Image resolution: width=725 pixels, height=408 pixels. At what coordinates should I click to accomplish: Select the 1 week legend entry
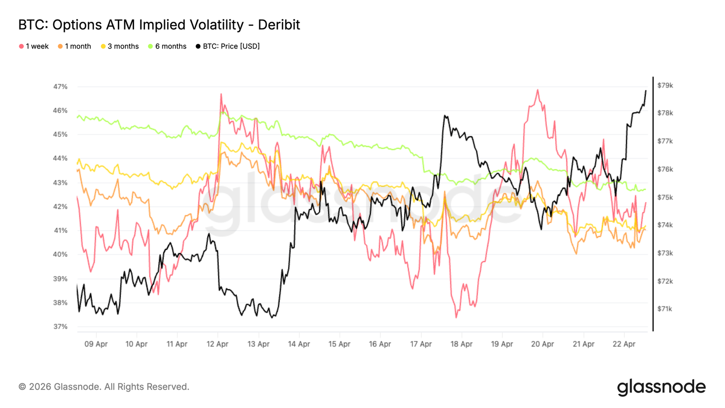34,46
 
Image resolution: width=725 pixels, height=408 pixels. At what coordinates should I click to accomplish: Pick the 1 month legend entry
74,46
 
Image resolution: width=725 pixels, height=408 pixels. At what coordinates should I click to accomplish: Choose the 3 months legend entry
120,46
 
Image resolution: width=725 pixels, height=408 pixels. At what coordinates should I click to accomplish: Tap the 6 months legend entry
167,46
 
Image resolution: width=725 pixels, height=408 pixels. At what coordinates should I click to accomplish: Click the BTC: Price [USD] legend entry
228,46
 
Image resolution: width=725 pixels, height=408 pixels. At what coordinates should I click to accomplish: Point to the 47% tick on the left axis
60,87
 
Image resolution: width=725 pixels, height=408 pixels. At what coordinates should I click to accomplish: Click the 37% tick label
60,326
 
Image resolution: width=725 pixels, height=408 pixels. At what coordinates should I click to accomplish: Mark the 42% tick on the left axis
60,207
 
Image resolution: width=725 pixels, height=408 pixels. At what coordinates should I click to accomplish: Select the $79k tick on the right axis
665,85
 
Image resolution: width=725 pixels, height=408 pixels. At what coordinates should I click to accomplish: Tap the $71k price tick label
665,309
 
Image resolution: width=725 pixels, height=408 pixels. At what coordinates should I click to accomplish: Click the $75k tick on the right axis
665,197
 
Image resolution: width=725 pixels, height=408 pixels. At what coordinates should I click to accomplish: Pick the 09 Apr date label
96,344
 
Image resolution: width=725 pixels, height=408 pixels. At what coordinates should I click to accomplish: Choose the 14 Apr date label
299,344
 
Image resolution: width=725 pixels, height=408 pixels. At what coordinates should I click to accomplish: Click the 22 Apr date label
624,344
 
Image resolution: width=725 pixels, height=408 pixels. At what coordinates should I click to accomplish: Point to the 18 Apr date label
461,344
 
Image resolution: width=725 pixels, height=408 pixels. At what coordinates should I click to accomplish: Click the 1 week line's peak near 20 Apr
537,90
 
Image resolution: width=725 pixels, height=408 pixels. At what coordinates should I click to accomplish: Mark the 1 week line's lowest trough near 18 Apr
456,317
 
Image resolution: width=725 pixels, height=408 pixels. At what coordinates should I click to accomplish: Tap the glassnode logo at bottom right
661,387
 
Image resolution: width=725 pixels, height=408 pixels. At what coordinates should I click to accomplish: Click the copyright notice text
104,387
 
